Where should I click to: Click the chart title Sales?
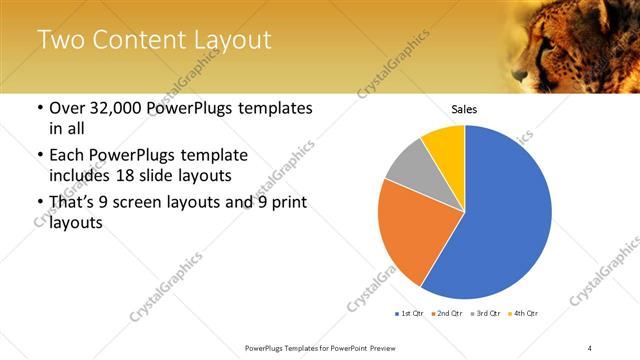tap(464, 109)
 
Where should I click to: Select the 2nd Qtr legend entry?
tap(447, 314)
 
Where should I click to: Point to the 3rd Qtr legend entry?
tap(485, 314)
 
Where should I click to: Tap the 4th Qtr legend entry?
tap(523, 314)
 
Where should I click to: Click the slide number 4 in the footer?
tap(590, 347)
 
